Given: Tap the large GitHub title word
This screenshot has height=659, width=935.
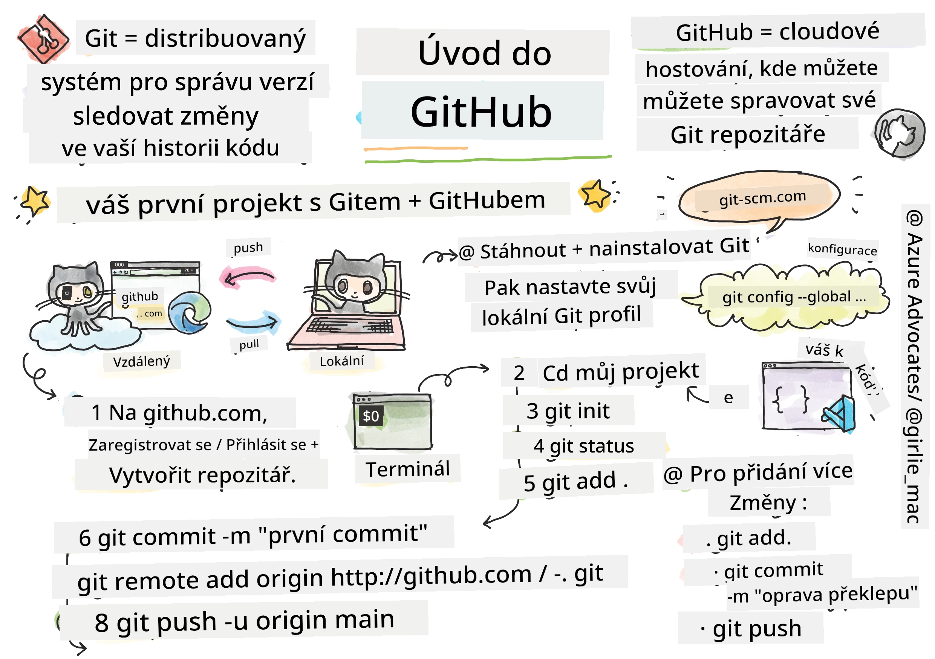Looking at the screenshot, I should click(481, 112).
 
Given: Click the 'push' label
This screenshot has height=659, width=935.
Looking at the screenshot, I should click(248, 247).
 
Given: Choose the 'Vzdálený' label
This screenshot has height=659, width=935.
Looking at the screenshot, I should click(141, 361).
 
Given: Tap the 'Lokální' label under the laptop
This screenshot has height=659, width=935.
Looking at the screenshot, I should click(341, 361).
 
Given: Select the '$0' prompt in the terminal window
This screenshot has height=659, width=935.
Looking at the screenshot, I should click(370, 416).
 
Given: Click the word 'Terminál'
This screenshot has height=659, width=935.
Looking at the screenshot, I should click(408, 469).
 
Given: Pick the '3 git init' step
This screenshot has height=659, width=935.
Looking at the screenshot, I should click(568, 411).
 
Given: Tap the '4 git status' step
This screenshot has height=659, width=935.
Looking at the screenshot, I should click(583, 446).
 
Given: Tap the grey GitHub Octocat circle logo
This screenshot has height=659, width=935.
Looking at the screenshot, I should click(899, 133).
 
